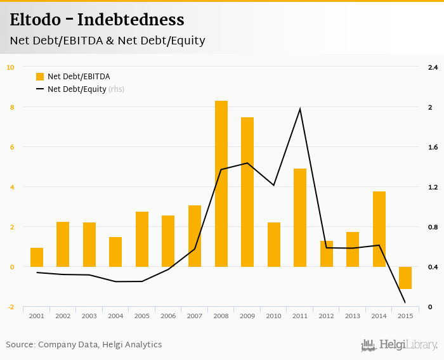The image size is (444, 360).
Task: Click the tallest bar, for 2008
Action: pos(221,184)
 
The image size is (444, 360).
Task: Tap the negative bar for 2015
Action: pos(405,278)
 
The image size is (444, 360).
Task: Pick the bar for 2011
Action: pos(300,217)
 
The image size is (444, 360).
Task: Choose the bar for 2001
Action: pos(37,257)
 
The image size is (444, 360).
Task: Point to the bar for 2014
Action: pos(379,229)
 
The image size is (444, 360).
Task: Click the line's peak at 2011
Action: pos(300,109)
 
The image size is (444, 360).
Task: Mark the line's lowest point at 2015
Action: pos(405,302)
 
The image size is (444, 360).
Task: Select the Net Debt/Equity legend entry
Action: pos(77,89)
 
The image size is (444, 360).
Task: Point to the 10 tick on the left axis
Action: pos(10,67)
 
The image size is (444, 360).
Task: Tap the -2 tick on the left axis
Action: pos(10,307)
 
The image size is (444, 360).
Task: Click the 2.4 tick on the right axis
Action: pos(433,67)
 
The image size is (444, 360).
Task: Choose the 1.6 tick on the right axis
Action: pos(433,147)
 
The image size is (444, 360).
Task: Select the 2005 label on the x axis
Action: pos(142,316)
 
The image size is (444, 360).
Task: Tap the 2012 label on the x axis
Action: pos(326,316)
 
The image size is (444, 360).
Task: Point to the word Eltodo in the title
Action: pos(37,20)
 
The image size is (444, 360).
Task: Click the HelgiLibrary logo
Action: pos(400,345)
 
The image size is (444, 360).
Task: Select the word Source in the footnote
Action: pos(20,345)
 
